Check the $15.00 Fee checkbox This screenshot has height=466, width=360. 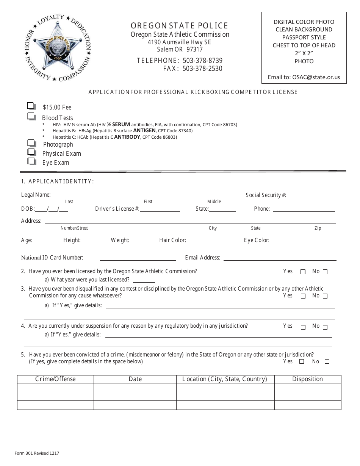[31, 106]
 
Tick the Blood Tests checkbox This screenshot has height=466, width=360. [31, 116]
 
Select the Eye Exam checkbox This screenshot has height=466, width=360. [31, 161]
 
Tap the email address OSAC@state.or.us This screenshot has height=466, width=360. [316, 77]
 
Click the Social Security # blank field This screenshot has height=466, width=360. [312, 195]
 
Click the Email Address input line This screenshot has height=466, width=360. [280, 258]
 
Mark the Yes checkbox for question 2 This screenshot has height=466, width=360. [303, 272]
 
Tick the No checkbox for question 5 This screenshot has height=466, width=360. [327, 361]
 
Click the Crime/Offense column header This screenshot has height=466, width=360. [55, 379]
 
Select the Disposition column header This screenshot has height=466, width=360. [307, 379]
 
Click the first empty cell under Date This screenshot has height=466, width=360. [135, 388]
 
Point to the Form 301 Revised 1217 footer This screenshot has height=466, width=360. [37, 453]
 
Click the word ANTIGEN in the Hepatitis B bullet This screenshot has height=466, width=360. [144, 131]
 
